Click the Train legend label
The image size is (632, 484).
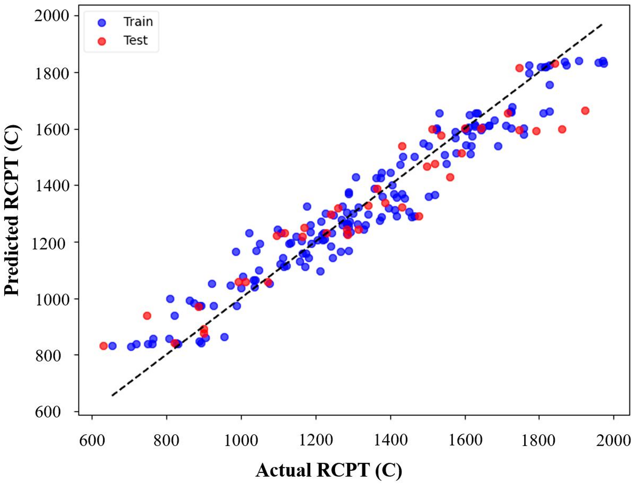pyautogui.click(x=138, y=22)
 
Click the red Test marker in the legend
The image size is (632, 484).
pyautogui.click(x=102, y=41)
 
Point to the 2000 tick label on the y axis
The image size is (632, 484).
pyautogui.click(x=51, y=16)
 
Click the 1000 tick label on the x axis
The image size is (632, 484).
pyautogui.click(x=241, y=440)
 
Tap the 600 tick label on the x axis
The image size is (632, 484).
pyautogui.click(x=92, y=440)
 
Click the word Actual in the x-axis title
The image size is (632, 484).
pyautogui.click(x=283, y=470)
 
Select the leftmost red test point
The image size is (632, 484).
pyautogui.click(x=103, y=346)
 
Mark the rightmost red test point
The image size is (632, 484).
pyautogui.click(x=585, y=111)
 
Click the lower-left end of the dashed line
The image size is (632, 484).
pyautogui.click(x=113, y=395)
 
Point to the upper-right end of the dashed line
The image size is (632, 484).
pyautogui.click(x=602, y=24)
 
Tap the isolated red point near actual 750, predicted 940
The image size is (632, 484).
pyautogui.click(x=147, y=316)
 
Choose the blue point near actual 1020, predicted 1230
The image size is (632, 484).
pyautogui.click(x=249, y=233)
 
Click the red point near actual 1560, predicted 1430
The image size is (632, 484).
pyautogui.click(x=450, y=177)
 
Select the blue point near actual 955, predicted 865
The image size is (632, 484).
pyautogui.click(x=224, y=337)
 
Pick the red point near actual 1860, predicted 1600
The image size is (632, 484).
pyautogui.click(x=562, y=129)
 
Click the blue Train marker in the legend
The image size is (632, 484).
pyautogui.click(x=102, y=22)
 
